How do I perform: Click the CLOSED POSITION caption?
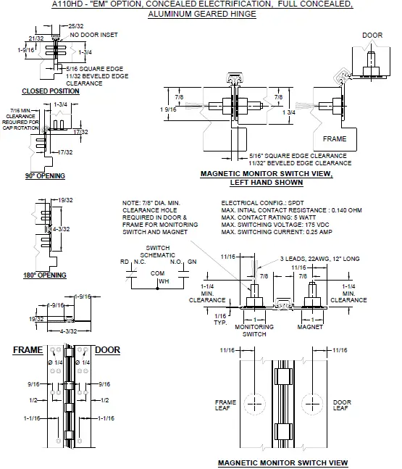tap(51, 91)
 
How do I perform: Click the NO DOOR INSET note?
tap(95, 35)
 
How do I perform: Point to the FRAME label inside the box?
tap(334, 138)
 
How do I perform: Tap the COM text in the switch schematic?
tap(156, 273)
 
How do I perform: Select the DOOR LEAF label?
tap(341, 404)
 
